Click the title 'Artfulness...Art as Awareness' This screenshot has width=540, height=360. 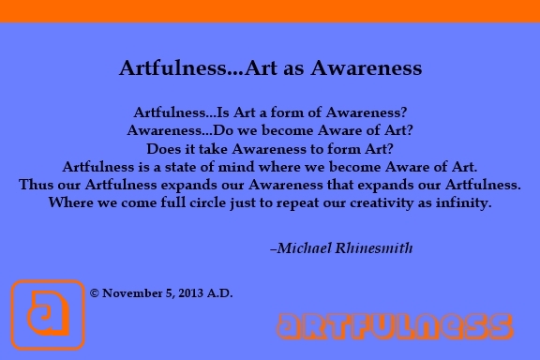[x=270, y=68]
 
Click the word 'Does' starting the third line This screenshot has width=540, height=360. [x=164, y=148]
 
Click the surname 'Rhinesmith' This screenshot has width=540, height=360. [x=374, y=248]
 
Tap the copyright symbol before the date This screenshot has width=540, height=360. [x=95, y=292]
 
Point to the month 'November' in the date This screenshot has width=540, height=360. [x=131, y=292]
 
